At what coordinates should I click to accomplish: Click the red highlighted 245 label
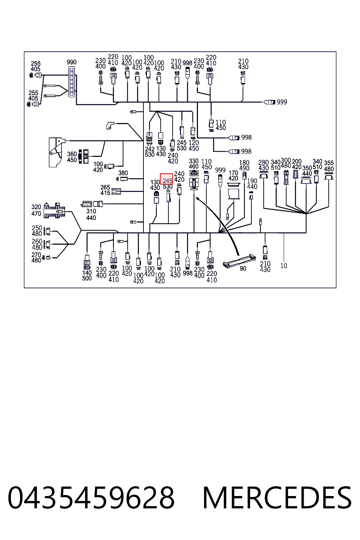167,179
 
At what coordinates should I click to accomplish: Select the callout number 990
72,62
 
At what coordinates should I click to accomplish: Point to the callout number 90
243,268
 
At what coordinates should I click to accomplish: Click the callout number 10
284,266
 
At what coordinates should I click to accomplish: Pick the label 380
123,173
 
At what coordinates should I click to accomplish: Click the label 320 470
36,210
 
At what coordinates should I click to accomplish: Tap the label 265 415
105,190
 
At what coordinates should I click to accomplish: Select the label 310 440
91,214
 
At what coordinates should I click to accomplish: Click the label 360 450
72,157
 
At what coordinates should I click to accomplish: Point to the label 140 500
87,275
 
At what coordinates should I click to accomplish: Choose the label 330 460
194,164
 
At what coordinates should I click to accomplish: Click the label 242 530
150,152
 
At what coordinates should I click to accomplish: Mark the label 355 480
329,166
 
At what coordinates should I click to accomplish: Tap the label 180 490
244,165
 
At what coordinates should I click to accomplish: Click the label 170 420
233,175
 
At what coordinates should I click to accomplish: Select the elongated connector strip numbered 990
72,82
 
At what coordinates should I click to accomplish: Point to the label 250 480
37,231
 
